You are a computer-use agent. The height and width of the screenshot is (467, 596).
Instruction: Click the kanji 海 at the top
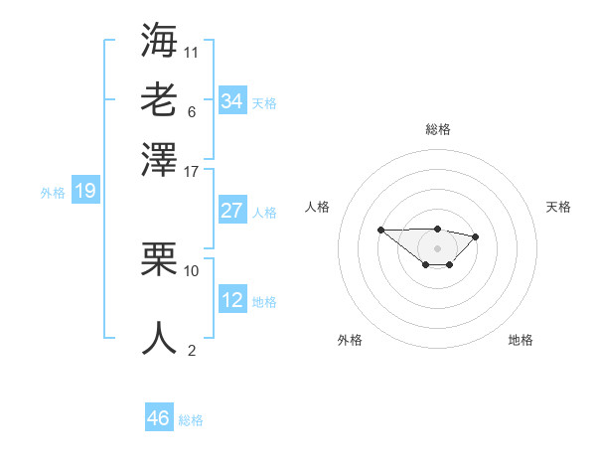159,41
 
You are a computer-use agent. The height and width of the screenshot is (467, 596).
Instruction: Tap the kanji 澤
159,159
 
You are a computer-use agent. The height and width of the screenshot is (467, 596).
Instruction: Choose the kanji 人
159,338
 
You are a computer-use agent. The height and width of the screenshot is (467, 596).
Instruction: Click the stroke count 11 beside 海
192,52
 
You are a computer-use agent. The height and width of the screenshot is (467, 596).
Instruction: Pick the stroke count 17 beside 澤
192,171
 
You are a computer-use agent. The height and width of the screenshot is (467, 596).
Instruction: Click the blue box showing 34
231,101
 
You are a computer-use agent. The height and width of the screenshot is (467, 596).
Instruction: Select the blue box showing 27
231,211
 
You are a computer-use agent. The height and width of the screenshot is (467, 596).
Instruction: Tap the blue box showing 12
231,300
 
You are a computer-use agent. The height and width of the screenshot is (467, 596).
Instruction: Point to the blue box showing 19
84,191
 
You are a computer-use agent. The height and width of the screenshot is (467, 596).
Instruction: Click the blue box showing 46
159,418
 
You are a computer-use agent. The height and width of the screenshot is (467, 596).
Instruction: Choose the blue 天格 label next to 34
264,103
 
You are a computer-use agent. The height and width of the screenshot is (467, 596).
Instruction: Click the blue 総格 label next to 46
191,420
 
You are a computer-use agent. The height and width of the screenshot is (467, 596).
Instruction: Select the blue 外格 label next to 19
52,193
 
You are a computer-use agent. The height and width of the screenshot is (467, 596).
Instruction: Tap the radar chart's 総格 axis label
438,129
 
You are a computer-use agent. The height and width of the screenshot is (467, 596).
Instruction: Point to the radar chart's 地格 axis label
521,340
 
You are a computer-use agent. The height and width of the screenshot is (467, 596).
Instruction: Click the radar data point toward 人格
381,230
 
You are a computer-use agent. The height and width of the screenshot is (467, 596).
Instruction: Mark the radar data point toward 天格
476,236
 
